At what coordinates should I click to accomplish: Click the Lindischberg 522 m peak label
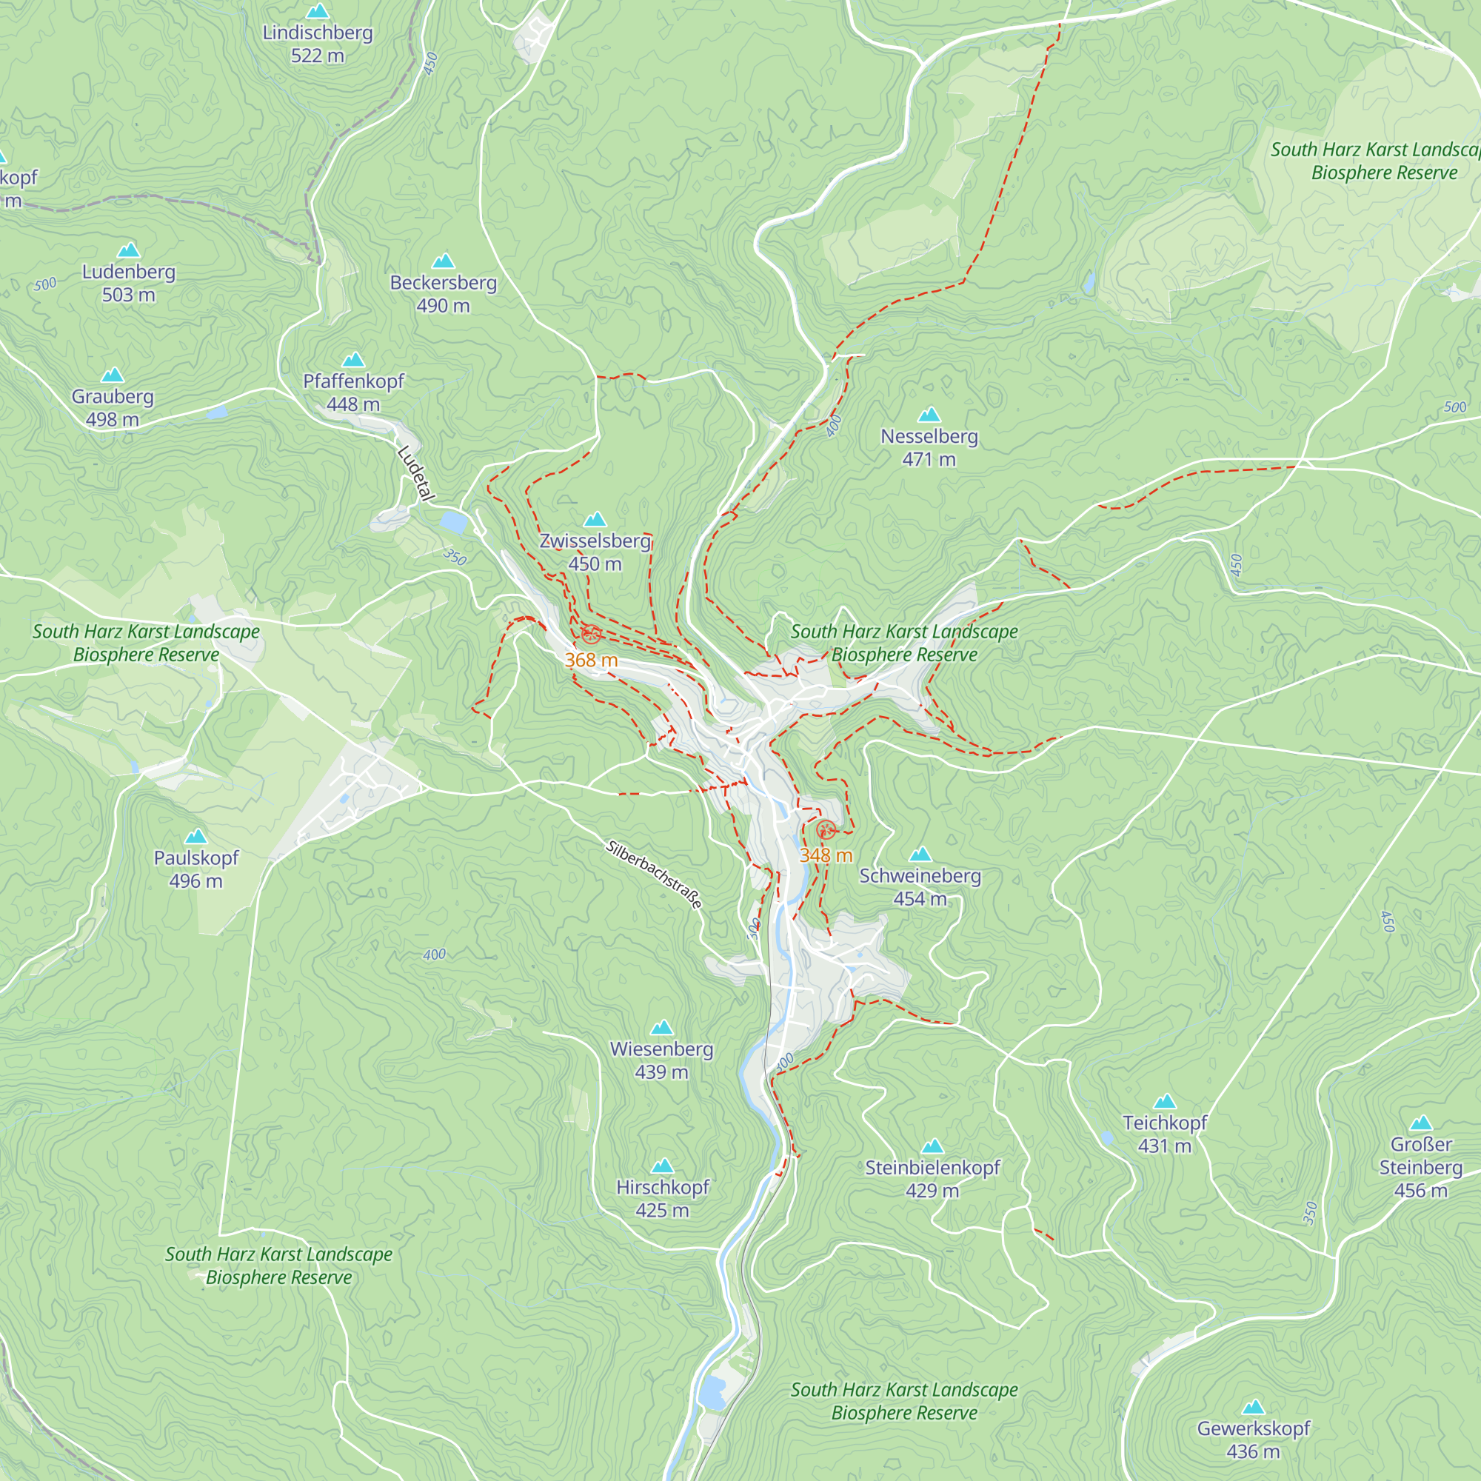(x=318, y=44)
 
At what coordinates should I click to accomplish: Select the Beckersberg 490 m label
(x=443, y=293)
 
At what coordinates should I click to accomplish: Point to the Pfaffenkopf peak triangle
(x=352, y=360)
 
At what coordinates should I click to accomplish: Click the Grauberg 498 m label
(x=113, y=408)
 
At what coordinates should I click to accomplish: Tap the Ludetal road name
(x=416, y=474)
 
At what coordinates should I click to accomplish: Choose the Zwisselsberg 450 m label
(x=595, y=552)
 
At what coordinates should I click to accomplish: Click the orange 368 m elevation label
(x=591, y=660)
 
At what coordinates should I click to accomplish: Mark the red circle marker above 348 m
(x=826, y=829)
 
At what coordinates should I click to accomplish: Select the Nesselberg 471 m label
(x=929, y=447)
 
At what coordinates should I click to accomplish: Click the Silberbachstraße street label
(x=653, y=875)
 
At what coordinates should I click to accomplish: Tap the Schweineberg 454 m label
(x=920, y=886)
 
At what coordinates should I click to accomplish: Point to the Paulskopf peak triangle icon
(x=196, y=836)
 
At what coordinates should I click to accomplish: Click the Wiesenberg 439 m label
(x=661, y=1060)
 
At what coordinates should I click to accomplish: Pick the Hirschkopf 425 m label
(x=662, y=1198)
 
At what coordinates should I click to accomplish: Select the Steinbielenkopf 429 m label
(x=932, y=1178)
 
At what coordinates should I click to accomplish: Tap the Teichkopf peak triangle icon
(x=1164, y=1102)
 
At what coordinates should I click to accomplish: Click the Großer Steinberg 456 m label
(x=1420, y=1167)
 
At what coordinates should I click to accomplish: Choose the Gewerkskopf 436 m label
(x=1254, y=1439)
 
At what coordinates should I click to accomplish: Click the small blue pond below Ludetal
(x=453, y=523)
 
